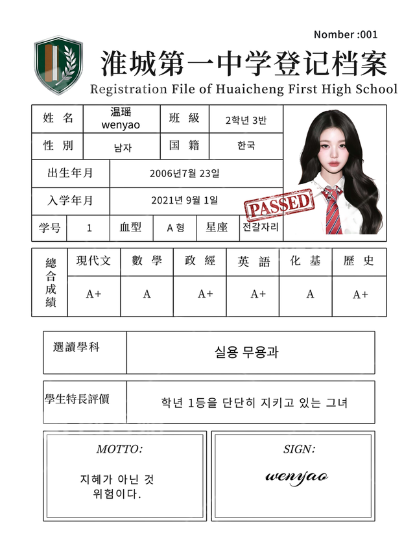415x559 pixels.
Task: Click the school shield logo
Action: coord(58,65)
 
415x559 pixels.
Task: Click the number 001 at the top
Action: coord(368,34)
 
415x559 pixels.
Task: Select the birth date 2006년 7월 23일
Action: coord(184,173)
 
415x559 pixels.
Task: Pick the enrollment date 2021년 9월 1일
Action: coord(184,200)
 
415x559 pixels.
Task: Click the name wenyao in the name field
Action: coord(121,125)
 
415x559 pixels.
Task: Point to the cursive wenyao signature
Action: coord(296,477)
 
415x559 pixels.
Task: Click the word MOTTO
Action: coord(119,449)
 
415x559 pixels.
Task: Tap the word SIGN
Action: coord(299,449)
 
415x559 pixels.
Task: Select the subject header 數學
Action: coord(147,261)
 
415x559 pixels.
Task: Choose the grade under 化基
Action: coord(310,294)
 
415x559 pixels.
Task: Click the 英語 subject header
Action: coord(254,261)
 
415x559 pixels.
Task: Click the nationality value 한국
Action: coord(246,146)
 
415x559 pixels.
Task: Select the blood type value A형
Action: coord(176,228)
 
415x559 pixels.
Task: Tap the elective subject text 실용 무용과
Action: coord(246,352)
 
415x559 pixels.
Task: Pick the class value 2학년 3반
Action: coord(246,120)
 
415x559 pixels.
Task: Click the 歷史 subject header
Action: coord(359,261)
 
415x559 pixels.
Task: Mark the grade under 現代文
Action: coord(94,294)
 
